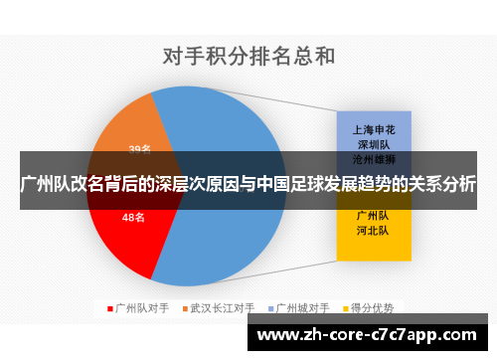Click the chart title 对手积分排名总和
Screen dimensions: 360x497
click(x=248, y=56)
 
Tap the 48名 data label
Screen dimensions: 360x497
click(x=133, y=217)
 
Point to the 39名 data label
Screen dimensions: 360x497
click(x=139, y=150)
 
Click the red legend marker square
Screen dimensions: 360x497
click(x=109, y=308)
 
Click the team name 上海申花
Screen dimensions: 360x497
click(x=373, y=129)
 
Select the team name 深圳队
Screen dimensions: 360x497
click(x=373, y=144)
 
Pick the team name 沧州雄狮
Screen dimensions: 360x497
click(x=373, y=159)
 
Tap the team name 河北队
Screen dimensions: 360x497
click(x=373, y=229)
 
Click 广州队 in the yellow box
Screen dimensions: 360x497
click(x=373, y=214)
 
